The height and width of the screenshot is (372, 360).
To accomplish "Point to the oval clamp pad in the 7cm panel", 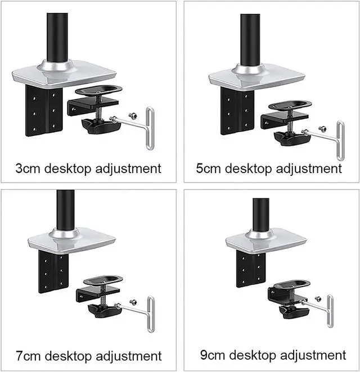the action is [x=103, y=280].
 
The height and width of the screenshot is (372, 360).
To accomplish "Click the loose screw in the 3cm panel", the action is [x=133, y=115].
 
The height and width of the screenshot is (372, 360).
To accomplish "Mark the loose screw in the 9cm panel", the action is [x=318, y=299].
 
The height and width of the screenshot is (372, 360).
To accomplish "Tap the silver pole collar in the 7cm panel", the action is [x=65, y=233].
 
